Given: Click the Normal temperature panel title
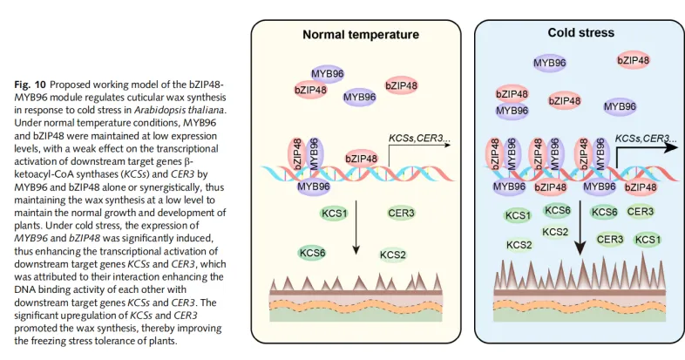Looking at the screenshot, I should coord(361,36).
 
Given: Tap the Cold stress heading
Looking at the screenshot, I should coord(580,32).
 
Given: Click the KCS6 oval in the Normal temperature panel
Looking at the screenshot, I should coord(312,252).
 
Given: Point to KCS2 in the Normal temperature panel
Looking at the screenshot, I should coord(394,255).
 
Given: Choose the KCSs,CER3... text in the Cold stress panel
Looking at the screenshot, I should coord(643,138).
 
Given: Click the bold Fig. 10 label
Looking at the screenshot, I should coord(31,84).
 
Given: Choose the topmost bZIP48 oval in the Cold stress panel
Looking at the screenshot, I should coord(633,60).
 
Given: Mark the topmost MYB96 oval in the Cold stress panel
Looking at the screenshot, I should coord(550,64).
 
